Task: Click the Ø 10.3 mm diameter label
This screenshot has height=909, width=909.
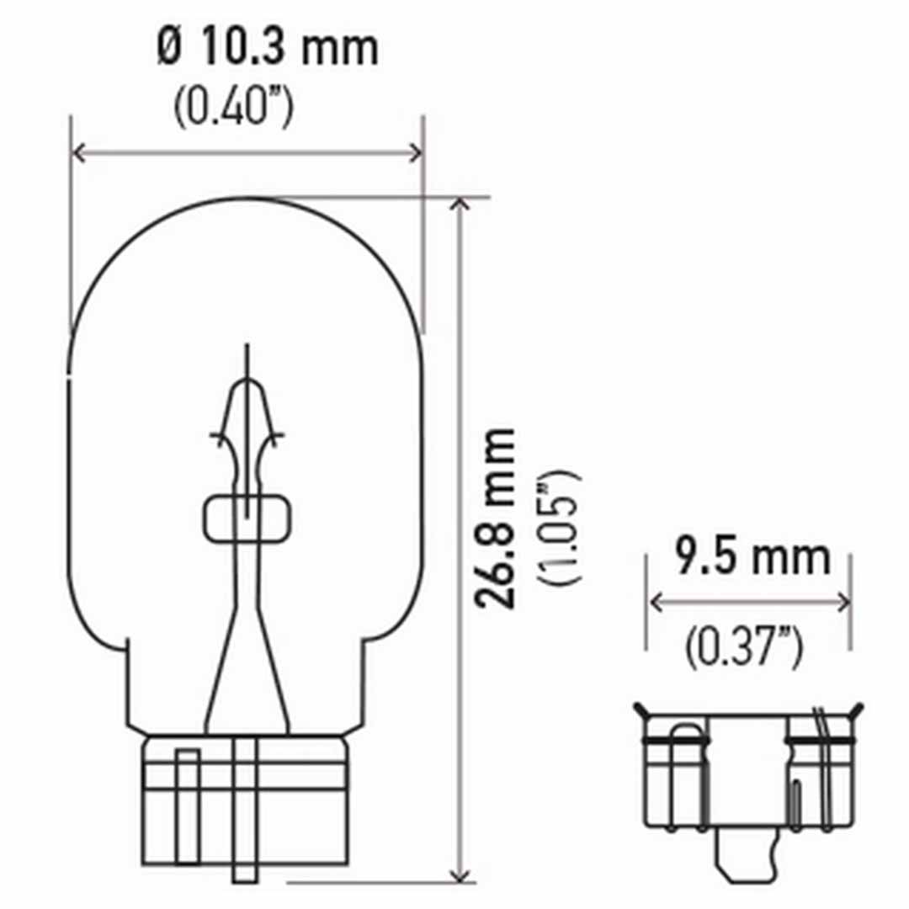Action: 268,49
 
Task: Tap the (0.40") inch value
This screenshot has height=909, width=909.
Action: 233,108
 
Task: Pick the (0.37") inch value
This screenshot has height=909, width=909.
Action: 742,649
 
